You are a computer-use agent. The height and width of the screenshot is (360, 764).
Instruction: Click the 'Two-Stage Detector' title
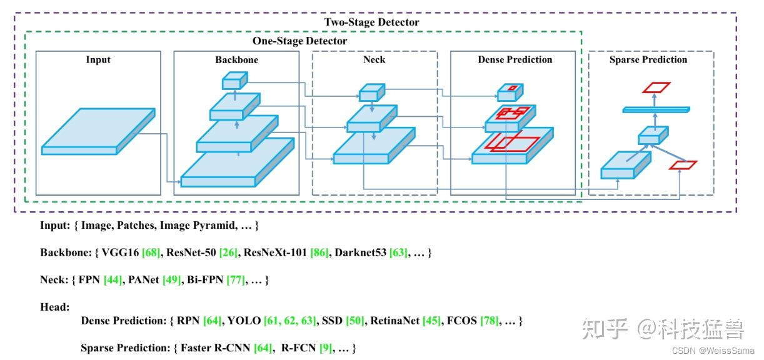click(x=371, y=22)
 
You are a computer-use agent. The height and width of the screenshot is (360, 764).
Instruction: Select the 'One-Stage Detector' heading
click(x=299, y=41)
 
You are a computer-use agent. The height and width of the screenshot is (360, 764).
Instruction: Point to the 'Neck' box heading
click(x=374, y=60)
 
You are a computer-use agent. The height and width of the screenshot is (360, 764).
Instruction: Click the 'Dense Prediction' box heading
click(x=515, y=60)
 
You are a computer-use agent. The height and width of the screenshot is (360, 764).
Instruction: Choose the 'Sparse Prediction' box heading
click(x=648, y=60)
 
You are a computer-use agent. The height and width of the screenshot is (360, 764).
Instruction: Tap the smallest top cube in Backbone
click(x=234, y=81)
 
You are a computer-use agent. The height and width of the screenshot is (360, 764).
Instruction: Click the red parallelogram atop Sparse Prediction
click(x=656, y=87)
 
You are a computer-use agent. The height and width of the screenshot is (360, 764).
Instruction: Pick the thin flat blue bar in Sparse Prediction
click(x=656, y=110)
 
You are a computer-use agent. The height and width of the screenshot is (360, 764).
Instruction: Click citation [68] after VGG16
click(x=151, y=253)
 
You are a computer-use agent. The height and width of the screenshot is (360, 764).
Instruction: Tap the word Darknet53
click(x=360, y=253)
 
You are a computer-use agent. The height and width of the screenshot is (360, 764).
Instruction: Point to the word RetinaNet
click(x=395, y=321)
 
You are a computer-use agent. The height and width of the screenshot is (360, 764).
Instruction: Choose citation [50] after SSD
click(x=354, y=321)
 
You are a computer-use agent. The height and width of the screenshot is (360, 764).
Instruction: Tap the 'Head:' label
click(x=55, y=307)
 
